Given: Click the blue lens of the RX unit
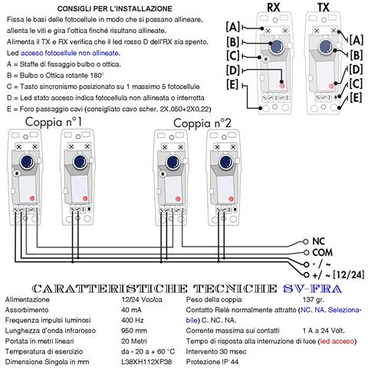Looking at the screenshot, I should point(274,48).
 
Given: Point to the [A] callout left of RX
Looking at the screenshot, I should point(233,27).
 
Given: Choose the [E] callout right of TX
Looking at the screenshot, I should point(355,97).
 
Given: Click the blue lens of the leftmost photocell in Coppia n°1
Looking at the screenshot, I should point(26,163).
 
